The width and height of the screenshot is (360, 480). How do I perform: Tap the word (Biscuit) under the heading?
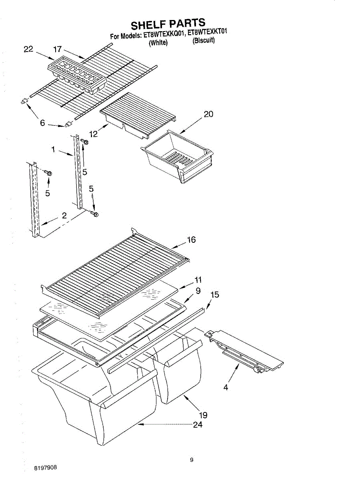coord(204,40)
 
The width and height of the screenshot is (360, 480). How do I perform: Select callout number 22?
coord(28,49)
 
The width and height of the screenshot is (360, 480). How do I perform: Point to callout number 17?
coord(58,49)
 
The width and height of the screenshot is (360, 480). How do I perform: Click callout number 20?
coord(208,114)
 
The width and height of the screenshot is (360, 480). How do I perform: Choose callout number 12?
coord(94,134)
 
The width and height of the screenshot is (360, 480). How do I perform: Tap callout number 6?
coord(42,123)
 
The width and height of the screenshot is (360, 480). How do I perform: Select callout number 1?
coord(53,149)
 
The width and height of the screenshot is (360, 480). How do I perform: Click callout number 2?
coord(64,216)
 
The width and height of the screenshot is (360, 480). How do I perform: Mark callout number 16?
coord(191,240)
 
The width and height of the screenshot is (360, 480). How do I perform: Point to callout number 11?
coord(198,280)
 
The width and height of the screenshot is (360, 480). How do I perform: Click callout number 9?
coord(198,291)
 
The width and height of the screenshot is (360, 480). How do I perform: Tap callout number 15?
coord(215,295)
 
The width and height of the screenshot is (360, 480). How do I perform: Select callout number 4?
coord(226,387)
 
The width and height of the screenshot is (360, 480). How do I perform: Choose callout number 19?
coord(203,415)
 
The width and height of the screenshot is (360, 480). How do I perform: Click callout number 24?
coord(198,425)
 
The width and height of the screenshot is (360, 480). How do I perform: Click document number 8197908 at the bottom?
coord(45,467)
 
